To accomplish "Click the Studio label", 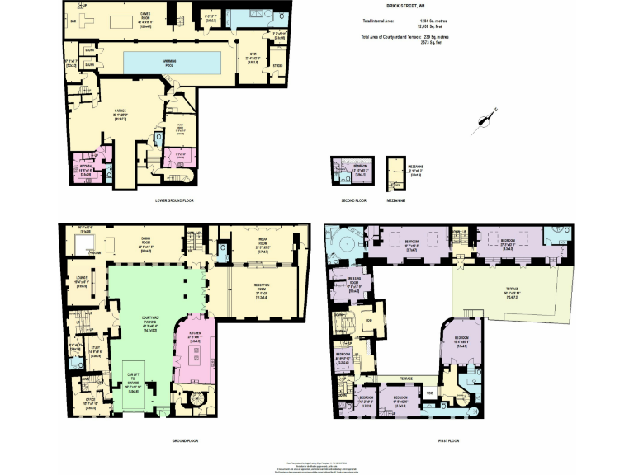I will (x=277, y=65).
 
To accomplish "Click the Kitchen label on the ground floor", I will (x=196, y=333).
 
